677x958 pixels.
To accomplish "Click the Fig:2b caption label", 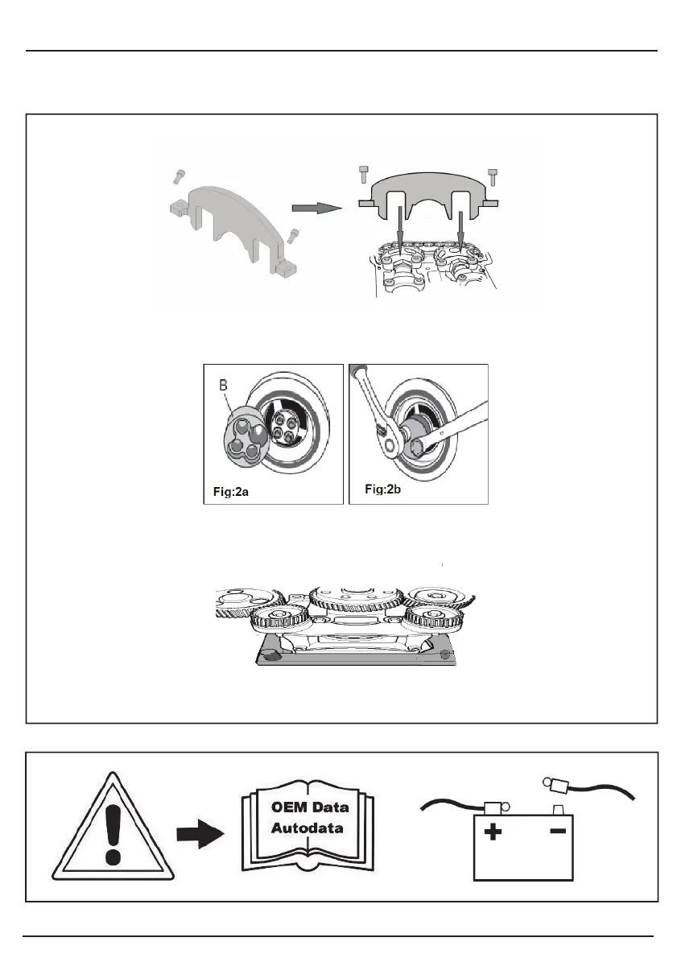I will (382, 488).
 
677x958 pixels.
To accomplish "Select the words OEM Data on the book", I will (310, 807).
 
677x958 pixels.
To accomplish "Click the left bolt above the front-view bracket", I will (364, 174).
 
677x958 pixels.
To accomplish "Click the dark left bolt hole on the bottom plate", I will (271, 656).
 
